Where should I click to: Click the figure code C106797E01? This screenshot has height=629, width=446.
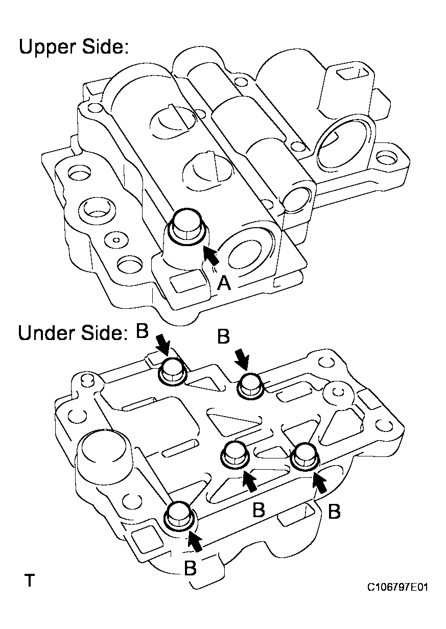(397, 588)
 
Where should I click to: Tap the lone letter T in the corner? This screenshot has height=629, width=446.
(30, 580)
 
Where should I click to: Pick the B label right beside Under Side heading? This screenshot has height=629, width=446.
(143, 331)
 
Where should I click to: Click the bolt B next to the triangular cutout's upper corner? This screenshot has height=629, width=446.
(250, 385)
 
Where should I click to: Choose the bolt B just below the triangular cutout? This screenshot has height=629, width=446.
(234, 453)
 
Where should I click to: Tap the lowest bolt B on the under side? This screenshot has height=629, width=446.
(180, 514)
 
